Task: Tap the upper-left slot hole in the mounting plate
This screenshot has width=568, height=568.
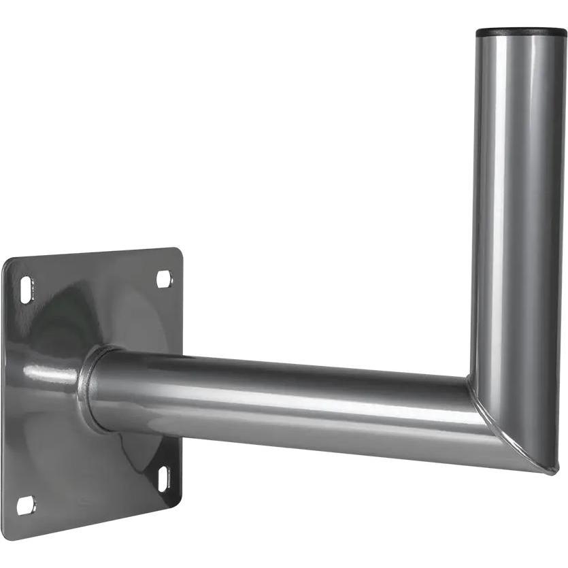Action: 26,289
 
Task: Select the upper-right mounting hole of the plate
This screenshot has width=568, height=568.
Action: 164,278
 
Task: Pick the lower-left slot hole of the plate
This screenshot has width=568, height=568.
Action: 24,505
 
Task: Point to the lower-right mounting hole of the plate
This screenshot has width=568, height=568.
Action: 164,478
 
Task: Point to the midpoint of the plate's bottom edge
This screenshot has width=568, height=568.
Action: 95,521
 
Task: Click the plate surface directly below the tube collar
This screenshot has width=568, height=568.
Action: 102,476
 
